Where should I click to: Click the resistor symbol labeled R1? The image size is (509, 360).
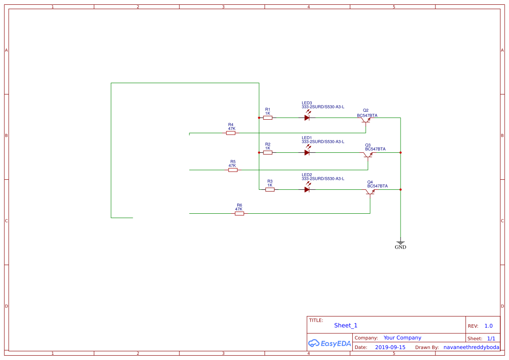point(268,118)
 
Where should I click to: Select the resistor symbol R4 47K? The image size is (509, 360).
point(231,133)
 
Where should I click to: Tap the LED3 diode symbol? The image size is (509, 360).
point(307,118)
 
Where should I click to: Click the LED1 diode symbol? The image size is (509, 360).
point(307,152)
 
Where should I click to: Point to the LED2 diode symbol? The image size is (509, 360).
point(307,189)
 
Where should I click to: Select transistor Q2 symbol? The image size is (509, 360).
point(366,119)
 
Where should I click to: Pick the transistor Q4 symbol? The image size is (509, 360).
point(370,191)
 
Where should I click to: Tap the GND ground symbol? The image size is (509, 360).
point(400,242)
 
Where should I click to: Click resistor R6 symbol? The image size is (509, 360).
point(239,213)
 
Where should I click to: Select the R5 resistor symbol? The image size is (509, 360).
point(233,170)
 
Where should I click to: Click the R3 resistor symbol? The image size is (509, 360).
point(270,189)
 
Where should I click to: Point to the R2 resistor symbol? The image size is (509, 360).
point(268,152)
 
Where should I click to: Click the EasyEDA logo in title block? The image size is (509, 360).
point(329,343)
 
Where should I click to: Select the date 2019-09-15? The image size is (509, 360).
point(390,347)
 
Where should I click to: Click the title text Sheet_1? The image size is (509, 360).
point(346,325)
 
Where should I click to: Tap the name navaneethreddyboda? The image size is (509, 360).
point(471,347)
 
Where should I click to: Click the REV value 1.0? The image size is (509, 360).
point(489,326)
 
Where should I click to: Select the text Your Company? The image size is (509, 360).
point(402,337)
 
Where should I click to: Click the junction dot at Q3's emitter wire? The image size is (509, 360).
point(400,152)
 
